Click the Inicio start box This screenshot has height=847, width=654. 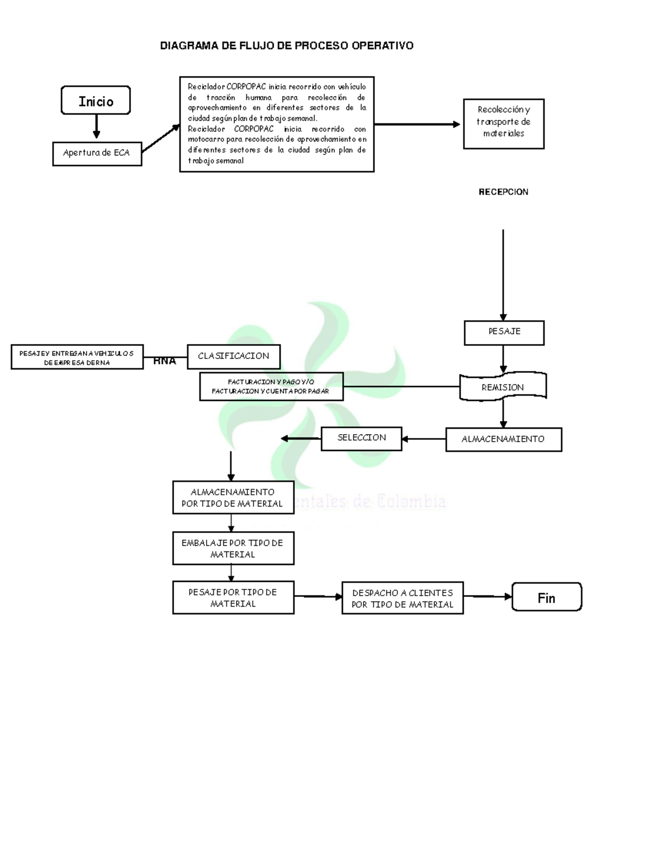click(96, 100)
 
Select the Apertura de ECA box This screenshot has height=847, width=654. click(97, 153)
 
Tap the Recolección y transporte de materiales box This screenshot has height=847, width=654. click(504, 123)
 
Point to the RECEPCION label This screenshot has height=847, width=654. click(503, 192)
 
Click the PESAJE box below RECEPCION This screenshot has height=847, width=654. click(504, 332)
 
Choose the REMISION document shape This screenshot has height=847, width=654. click(502, 387)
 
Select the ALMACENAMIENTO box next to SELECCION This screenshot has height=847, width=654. click(504, 439)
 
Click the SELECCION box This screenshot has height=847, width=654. click(361, 438)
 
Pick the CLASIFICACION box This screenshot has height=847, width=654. click(234, 356)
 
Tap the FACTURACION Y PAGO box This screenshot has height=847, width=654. click(271, 387)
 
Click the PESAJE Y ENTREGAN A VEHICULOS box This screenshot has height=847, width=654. click(77, 357)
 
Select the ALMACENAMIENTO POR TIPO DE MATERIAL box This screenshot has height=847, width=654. click(233, 497)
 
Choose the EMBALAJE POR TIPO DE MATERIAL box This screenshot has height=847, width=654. click(233, 548)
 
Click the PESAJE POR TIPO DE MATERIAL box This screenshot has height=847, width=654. click(233, 598)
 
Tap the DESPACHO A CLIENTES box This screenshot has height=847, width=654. click(403, 598)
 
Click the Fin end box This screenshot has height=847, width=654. click(547, 597)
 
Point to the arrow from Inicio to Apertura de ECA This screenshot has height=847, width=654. click(96, 127)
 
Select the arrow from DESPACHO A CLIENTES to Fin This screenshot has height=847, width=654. click(488, 597)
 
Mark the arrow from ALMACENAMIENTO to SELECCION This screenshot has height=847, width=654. click(424, 439)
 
